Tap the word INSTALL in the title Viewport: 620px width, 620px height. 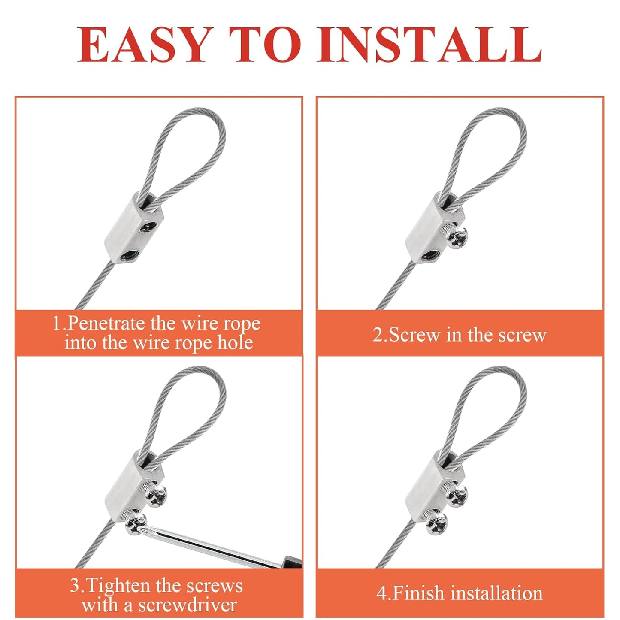[x=429, y=45]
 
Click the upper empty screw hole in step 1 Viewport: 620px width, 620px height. [x=148, y=227]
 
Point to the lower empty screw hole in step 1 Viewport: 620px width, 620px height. [x=127, y=256]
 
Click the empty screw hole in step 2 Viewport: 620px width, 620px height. [x=429, y=256]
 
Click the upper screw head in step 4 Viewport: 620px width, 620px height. [x=457, y=496]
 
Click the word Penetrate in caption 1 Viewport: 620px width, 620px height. [x=106, y=324]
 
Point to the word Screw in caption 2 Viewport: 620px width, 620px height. [x=415, y=335]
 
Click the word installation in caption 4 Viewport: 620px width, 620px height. [x=497, y=593]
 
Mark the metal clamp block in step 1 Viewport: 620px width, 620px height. [x=122, y=232]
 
